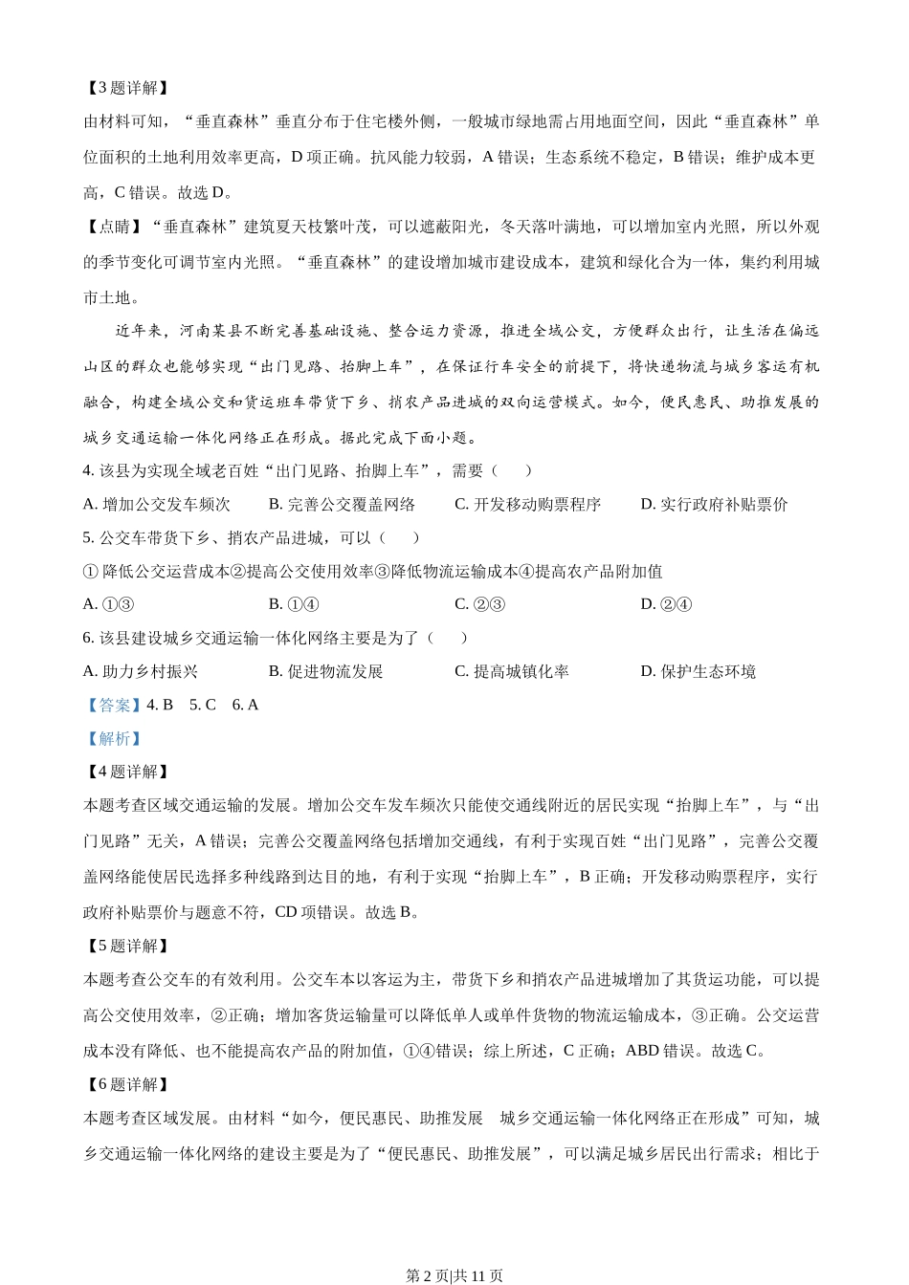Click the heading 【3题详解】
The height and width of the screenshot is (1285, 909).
click(126, 88)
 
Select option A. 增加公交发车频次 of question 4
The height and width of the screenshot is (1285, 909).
click(157, 504)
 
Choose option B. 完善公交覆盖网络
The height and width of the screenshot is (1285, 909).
click(342, 504)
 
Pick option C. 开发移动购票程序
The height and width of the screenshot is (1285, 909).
click(527, 504)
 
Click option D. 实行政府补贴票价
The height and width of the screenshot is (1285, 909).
click(714, 504)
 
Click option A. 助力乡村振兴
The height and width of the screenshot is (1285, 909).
click(141, 671)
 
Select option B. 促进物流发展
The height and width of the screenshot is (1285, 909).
click(325, 671)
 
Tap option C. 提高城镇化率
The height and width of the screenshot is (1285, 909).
click(511, 671)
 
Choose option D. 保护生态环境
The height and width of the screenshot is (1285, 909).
click(698, 671)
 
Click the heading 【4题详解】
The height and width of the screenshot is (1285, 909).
click(126, 772)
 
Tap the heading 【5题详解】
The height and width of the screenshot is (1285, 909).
click(126, 946)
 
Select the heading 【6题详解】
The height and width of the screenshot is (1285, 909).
click(126, 1084)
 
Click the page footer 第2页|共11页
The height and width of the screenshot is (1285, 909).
click(454, 1275)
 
